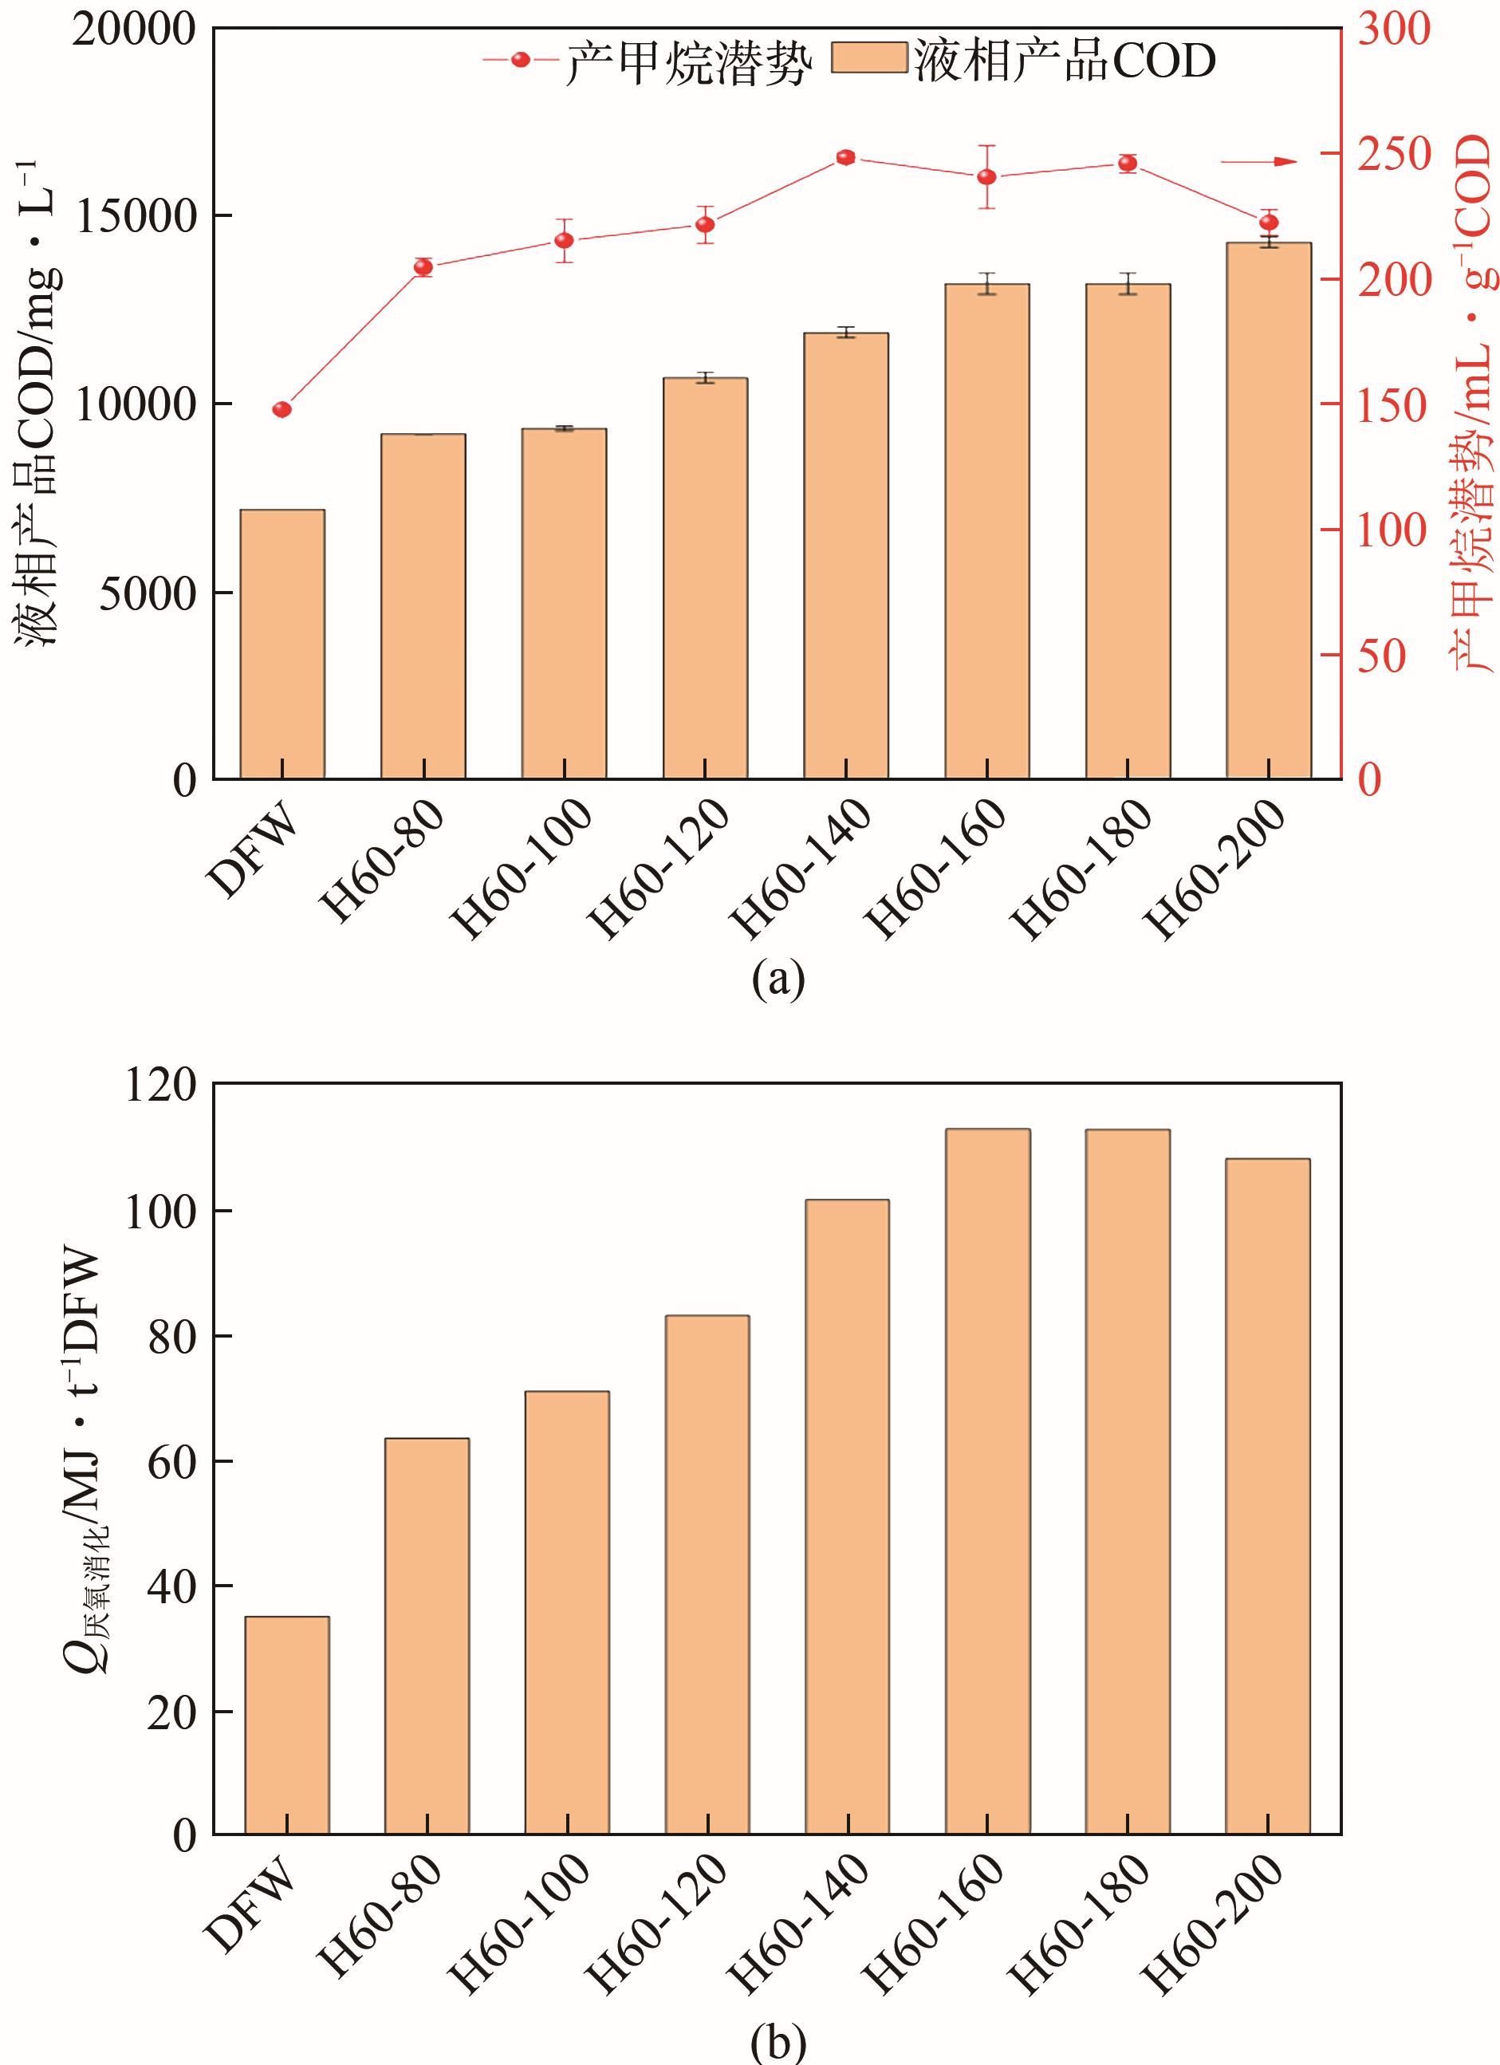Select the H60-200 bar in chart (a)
click(x=1268, y=510)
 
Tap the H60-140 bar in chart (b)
click(x=848, y=1519)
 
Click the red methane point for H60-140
click(x=845, y=157)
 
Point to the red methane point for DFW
click(x=282, y=410)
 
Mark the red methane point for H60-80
click(x=423, y=266)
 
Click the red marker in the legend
click(x=521, y=60)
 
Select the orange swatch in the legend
click(x=870, y=59)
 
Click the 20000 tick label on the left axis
click(x=136, y=30)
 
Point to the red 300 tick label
click(x=1393, y=30)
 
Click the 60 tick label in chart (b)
click(x=172, y=1462)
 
